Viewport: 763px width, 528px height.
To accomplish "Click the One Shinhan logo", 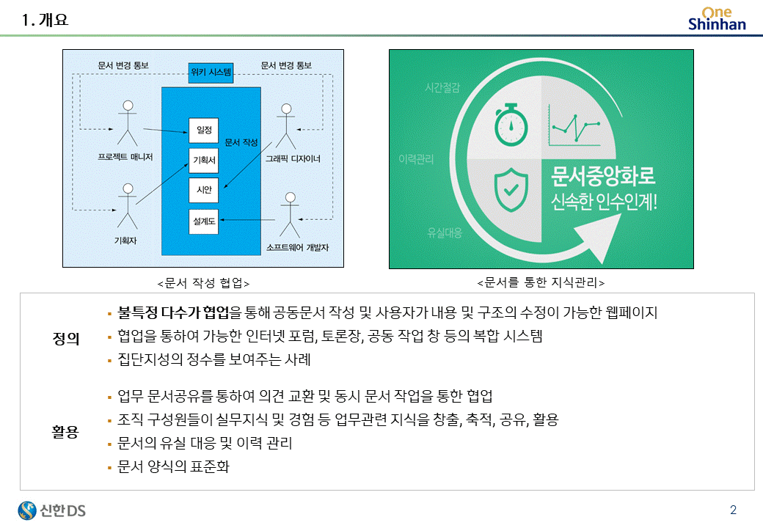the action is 716,18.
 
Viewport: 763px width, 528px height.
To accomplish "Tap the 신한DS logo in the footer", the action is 52,510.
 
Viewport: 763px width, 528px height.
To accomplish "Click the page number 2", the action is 733,510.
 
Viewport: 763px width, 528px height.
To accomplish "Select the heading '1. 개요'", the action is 45,21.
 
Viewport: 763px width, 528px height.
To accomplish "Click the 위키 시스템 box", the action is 211,72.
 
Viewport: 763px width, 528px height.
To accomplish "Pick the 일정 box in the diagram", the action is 204,131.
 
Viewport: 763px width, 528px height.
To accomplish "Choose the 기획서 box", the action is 204,160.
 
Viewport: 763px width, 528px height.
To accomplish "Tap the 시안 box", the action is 204,190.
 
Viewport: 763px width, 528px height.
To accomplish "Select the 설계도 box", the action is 204,221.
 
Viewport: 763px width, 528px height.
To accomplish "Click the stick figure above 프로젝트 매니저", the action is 128,122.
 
